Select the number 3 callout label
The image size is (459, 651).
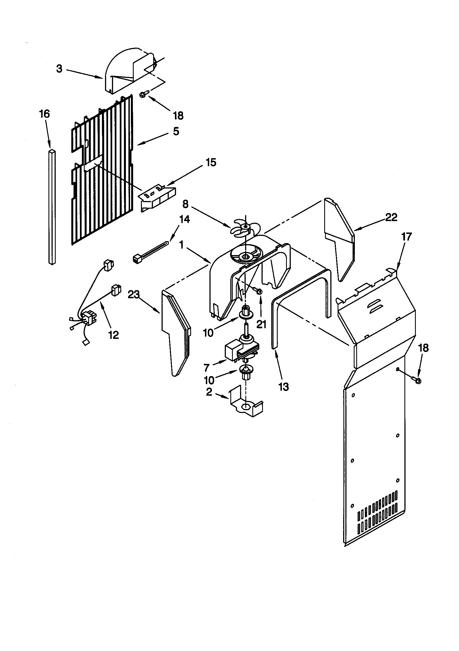pos(59,68)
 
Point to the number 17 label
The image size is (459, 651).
pos(407,236)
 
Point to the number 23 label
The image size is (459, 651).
pos(134,295)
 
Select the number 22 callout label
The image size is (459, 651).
pos(391,217)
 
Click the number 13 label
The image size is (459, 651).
pos(284,386)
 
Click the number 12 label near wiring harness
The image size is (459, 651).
pos(113,335)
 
